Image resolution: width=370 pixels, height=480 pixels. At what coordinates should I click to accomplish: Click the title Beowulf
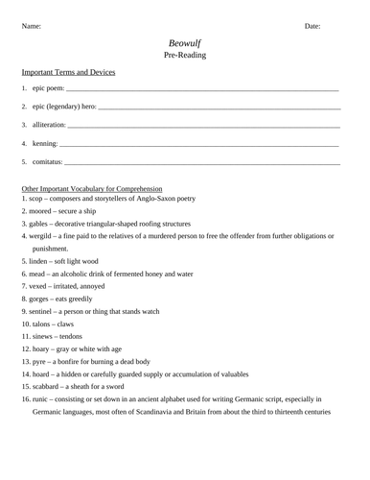[185, 43]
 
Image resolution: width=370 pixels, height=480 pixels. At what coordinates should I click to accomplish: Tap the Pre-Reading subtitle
[185, 56]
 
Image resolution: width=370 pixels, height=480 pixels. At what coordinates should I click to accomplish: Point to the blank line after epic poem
[201, 89]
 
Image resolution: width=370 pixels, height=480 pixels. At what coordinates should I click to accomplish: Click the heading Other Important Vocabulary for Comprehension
[92, 189]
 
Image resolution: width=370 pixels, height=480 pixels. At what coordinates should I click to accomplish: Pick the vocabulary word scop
[38, 199]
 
